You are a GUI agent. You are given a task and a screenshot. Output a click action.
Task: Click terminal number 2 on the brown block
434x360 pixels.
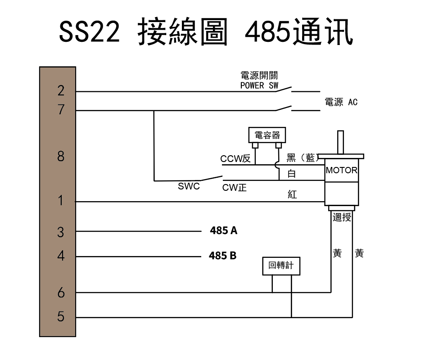(61, 91)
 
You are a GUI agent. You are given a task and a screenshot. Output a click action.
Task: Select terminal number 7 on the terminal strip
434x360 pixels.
(61, 109)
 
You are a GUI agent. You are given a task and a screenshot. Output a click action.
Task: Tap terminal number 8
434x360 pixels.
(61, 157)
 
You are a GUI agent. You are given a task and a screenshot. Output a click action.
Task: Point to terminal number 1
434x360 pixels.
(61, 201)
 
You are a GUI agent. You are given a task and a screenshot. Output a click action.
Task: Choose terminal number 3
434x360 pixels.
(61, 232)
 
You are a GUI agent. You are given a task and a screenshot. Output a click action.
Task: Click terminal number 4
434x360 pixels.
(61, 256)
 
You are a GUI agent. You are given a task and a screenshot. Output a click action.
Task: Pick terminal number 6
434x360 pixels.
(61, 293)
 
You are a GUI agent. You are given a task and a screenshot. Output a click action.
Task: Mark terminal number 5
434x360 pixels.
(61, 317)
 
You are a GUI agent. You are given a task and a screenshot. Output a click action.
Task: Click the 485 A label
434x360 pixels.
(223, 231)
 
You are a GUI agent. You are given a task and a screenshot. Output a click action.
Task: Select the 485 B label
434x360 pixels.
(222, 256)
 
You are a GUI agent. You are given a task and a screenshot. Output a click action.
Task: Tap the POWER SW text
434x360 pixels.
(259, 85)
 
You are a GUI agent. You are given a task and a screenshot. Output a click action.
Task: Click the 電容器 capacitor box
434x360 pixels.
(267, 135)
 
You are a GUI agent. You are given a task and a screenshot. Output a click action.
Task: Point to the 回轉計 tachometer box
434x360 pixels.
(281, 265)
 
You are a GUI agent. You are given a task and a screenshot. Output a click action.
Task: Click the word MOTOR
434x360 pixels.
(341, 171)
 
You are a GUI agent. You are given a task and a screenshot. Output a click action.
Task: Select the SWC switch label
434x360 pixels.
(189, 186)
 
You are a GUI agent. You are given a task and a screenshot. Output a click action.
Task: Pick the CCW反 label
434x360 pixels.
(235, 159)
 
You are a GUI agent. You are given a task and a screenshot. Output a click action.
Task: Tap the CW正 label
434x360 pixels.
(234, 188)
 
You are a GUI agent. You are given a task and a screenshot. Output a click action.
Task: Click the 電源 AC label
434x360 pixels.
(341, 102)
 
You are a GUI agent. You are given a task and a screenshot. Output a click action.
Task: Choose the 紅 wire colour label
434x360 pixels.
(292, 195)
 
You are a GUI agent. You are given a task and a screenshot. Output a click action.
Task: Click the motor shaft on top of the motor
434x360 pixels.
(341, 142)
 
